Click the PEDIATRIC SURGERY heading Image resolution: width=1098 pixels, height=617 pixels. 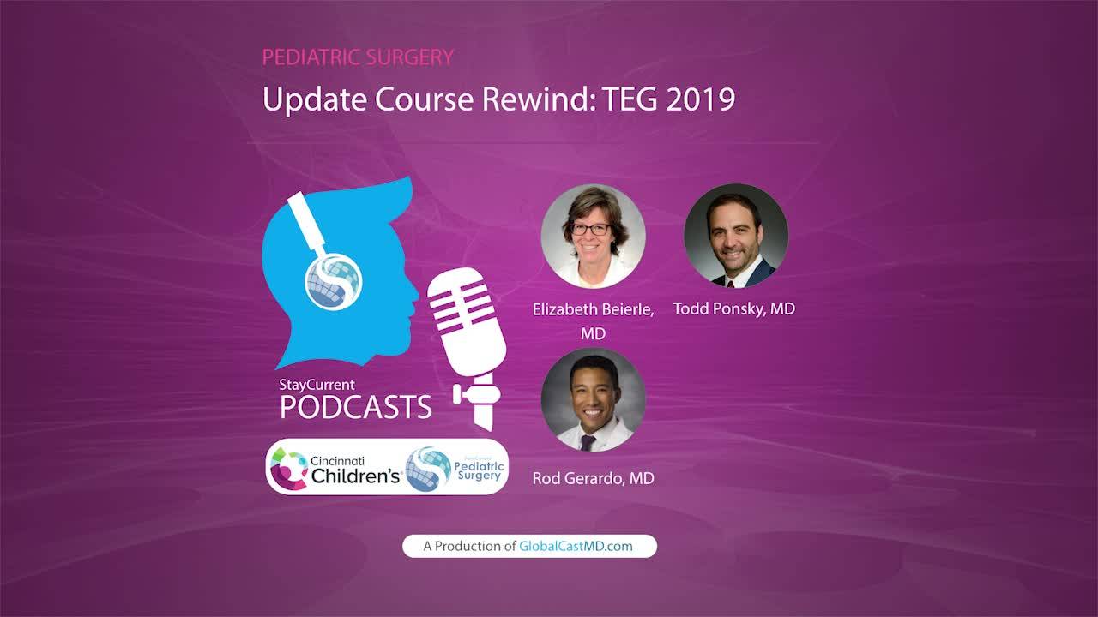[358, 57]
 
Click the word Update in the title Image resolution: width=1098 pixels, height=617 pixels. [315, 99]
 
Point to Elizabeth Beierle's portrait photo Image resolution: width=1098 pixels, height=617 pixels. [593, 236]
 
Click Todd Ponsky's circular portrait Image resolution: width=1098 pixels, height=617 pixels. [736, 235]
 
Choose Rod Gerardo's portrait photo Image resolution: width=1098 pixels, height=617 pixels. [593, 400]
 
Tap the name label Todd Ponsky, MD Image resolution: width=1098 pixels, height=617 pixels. [733, 309]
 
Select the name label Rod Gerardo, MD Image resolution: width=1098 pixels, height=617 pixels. [593, 478]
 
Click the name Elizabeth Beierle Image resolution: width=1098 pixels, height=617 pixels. [592, 309]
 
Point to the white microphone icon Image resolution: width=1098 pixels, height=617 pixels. [468, 348]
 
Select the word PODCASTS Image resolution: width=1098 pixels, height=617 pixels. [355, 407]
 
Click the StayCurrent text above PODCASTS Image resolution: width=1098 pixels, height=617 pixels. [317, 385]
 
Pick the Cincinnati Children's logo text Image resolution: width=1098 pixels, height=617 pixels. [355, 470]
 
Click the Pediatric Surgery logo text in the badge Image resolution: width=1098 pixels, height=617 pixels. [479, 471]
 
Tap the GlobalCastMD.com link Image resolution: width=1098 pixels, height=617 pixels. [576, 546]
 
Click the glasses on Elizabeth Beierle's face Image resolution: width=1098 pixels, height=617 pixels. [591, 229]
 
